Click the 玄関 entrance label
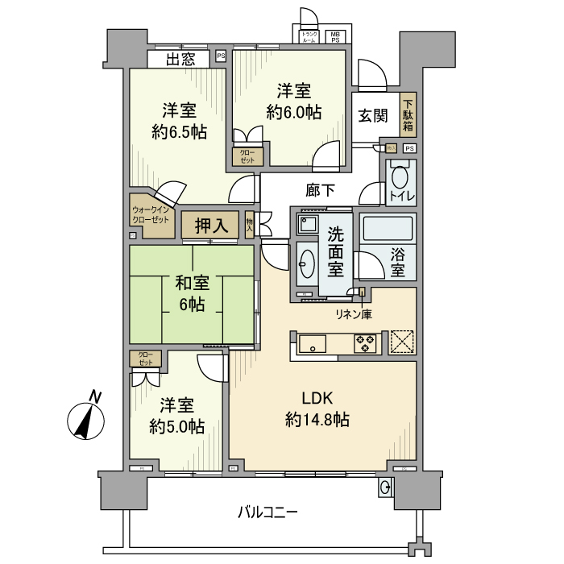tap(371, 116)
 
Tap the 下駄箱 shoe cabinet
tap(408, 115)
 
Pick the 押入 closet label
tap(209, 226)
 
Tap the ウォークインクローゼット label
tap(151, 215)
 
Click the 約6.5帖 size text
tap(178, 131)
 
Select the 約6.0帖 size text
tap(293, 113)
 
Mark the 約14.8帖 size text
tap(317, 419)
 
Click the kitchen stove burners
tap(365, 344)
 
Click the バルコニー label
tap(268, 512)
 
